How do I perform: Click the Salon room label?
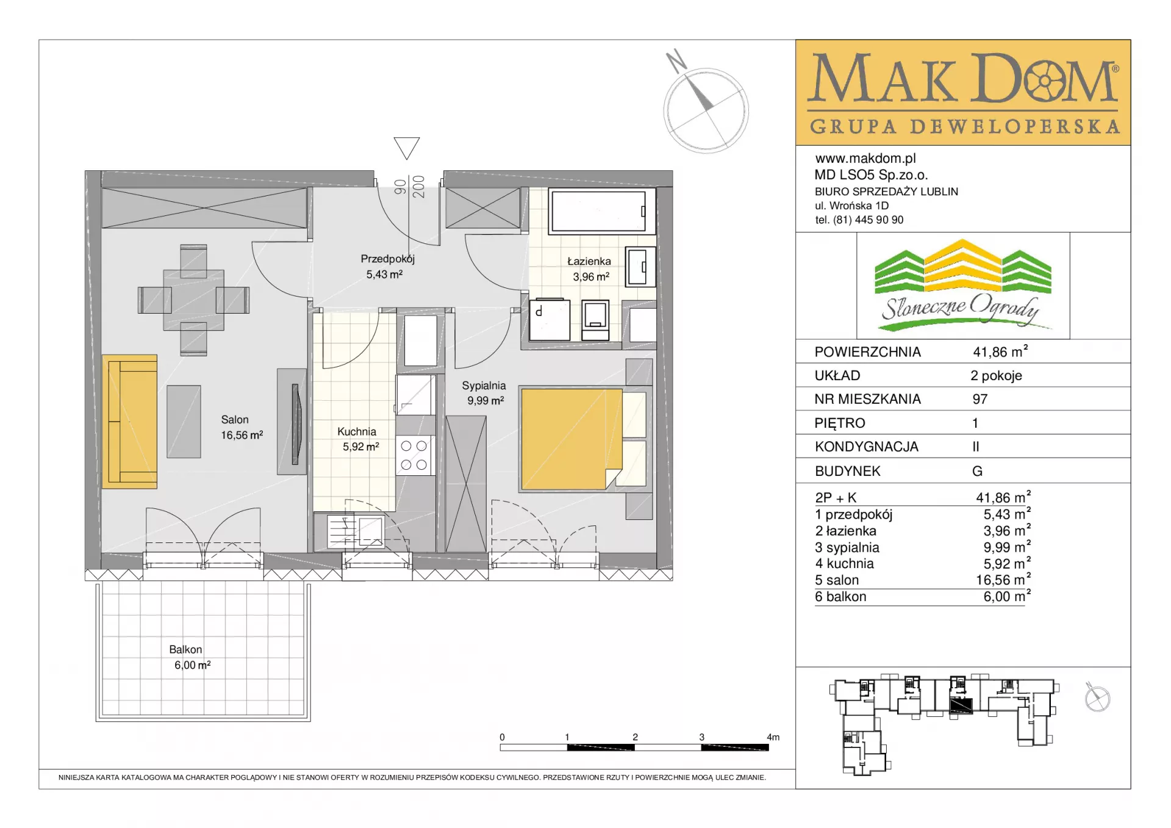point(242,427)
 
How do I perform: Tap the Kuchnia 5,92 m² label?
point(360,439)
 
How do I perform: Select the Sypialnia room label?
point(484,393)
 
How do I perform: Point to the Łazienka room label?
point(590,268)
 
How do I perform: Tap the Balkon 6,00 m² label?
point(192,657)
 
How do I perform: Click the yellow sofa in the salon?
point(130,422)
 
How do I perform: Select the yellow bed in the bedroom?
point(571,439)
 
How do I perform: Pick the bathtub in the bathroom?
point(598,211)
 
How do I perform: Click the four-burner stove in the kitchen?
point(414,455)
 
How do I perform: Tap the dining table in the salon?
point(193,300)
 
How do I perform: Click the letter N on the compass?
point(676,61)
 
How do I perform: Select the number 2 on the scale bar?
point(635,737)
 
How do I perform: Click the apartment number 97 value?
point(980,399)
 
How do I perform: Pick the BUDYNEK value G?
point(978,471)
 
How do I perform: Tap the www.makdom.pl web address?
point(865,159)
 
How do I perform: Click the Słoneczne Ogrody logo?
point(963,285)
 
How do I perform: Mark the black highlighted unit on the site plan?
point(961,705)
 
